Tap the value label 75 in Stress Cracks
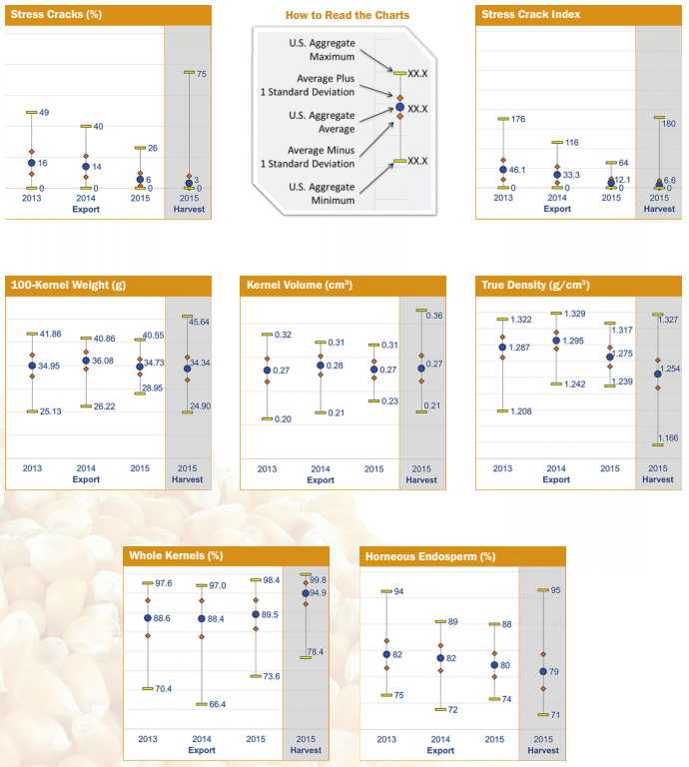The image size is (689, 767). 201,74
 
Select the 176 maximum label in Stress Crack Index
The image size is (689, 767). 517,119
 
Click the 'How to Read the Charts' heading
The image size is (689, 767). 346,16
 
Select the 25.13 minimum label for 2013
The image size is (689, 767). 50,410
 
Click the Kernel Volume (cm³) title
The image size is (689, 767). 299,286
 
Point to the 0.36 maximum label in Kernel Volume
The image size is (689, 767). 435,316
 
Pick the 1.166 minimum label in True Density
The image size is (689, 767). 669,437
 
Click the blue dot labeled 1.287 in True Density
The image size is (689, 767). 502,348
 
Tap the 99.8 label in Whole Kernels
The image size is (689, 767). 319,579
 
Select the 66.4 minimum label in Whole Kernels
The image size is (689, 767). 217,704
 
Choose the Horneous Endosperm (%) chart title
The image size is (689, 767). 430,556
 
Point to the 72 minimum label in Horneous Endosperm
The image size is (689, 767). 452,709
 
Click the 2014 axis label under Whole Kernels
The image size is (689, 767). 201,739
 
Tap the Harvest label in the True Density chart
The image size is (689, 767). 657,479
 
